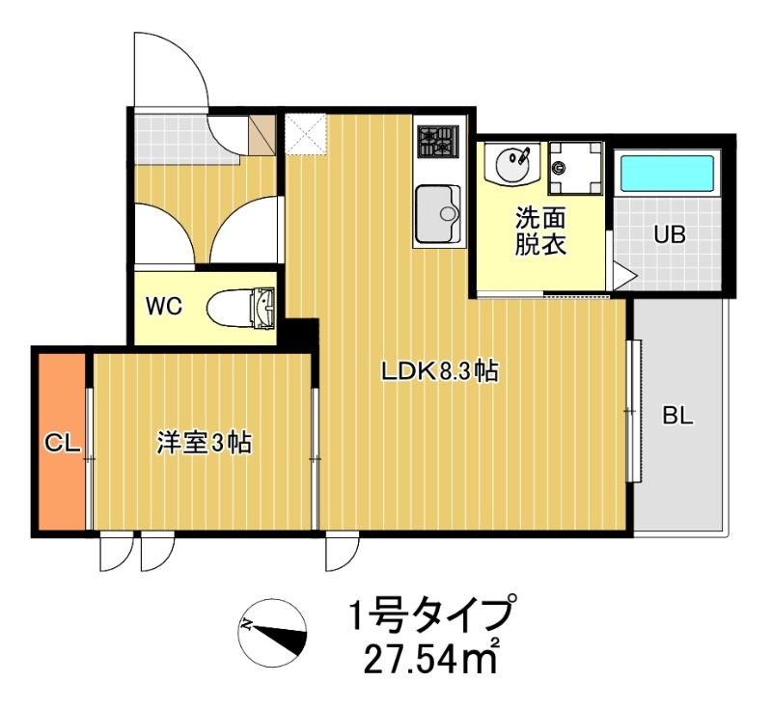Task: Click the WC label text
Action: (164, 306)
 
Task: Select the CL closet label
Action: (63, 443)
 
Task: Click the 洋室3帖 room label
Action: (205, 443)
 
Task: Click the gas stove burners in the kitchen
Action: (438, 142)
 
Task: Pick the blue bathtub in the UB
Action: (667, 174)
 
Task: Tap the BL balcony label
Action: (677, 417)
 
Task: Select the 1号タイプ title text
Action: (429, 614)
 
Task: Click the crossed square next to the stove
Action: (307, 133)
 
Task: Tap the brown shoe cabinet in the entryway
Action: (262, 134)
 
